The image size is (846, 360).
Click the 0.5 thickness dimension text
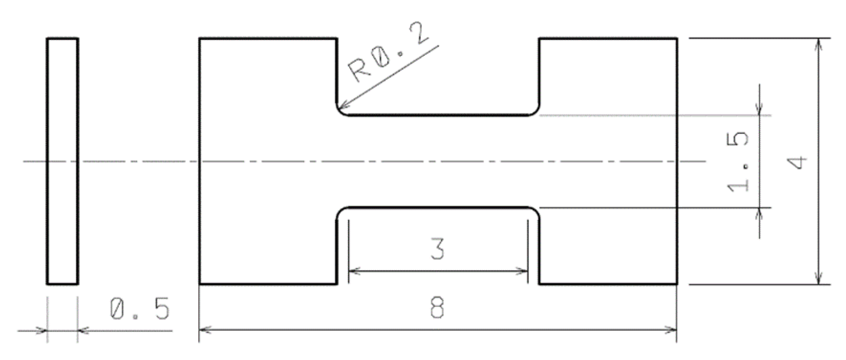pos(139,309)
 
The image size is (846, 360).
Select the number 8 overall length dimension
pos(437,307)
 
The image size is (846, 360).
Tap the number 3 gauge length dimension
pos(437,249)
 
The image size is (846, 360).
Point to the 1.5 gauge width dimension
pos(738,162)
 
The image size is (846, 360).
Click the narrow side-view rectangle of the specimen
pos(62,161)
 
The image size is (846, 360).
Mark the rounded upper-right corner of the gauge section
pos(535,112)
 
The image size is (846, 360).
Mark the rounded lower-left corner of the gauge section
pos(341,211)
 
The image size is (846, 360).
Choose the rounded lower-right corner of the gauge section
pos(535,211)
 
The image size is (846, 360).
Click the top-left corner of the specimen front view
pos(200,39)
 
